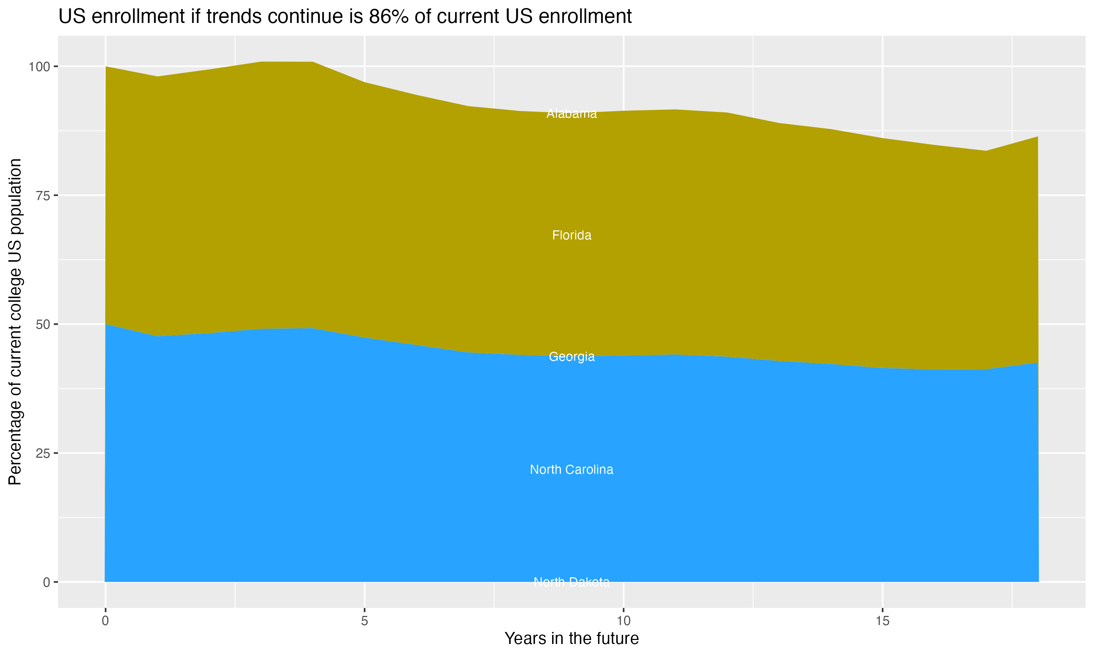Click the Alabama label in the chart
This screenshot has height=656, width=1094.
pyautogui.click(x=571, y=114)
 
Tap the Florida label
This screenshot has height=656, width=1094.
pyautogui.click(x=571, y=235)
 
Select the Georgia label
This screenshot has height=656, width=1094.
pyautogui.click(x=571, y=356)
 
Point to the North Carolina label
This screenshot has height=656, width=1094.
pyautogui.click(x=571, y=469)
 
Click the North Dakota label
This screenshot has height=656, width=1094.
pyautogui.click(x=571, y=582)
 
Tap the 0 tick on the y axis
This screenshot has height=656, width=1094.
pyautogui.click(x=46, y=582)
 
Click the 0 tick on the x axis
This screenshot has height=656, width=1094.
pyautogui.click(x=105, y=621)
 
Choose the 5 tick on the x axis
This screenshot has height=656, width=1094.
pyautogui.click(x=364, y=621)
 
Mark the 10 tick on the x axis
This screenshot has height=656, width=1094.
pyautogui.click(x=623, y=621)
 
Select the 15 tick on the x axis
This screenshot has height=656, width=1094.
pyautogui.click(x=882, y=621)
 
